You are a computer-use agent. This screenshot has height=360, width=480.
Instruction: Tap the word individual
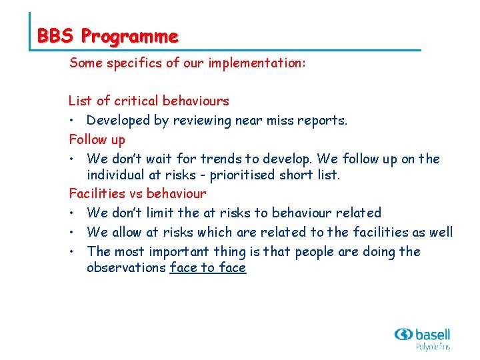pyautogui.click(x=115, y=175)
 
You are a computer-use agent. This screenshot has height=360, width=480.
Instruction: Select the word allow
pyautogui.click(x=127, y=233)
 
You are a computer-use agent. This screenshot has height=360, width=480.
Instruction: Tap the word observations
pyautogui.click(x=127, y=268)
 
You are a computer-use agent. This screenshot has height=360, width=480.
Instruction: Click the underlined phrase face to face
pyautogui.click(x=208, y=268)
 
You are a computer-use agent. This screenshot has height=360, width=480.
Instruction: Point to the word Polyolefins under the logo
pyautogui.click(x=433, y=347)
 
